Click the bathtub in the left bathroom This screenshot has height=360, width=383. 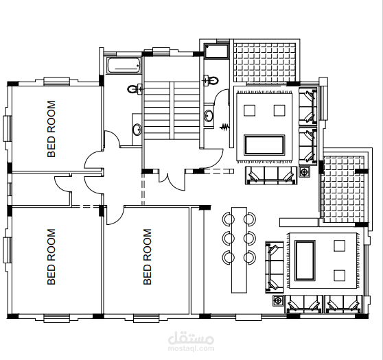pyautogui.click(x=124, y=65)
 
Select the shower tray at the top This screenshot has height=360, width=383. pyautogui.click(x=216, y=51)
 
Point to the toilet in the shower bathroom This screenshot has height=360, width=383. pyautogui.click(x=211, y=80)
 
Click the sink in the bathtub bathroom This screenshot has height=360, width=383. pyautogui.click(x=137, y=130)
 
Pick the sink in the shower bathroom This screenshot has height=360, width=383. pyautogui.click(x=209, y=115)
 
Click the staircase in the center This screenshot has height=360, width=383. pyautogui.click(x=172, y=110)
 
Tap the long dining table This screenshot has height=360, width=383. pyautogui.click(x=239, y=250)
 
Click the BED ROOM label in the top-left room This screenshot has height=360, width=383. pyautogui.click(x=51, y=129)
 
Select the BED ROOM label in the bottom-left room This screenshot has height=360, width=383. pyautogui.click(x=51, y=256)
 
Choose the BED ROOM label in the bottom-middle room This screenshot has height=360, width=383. pyautogui.click(x=148, y=256)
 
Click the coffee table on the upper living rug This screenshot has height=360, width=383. pyautogui.click(x=264, y=145)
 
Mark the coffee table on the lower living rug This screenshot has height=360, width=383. pyautogui.click(x=305, y=261)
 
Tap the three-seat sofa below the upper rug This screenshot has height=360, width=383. pyautogui.click(x=271, y=176)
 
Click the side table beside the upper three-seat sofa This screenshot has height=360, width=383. pyautogui.click(x=304, y=172)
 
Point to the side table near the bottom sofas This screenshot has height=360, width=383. pyautogui.click(x=278, y=300)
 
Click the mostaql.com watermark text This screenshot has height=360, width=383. pyautogui.click(x=191, y=348)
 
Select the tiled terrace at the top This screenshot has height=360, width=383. pyautogui.click(x=265, y=62)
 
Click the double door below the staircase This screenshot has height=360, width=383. pyautogui.click(x=172, y=180)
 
